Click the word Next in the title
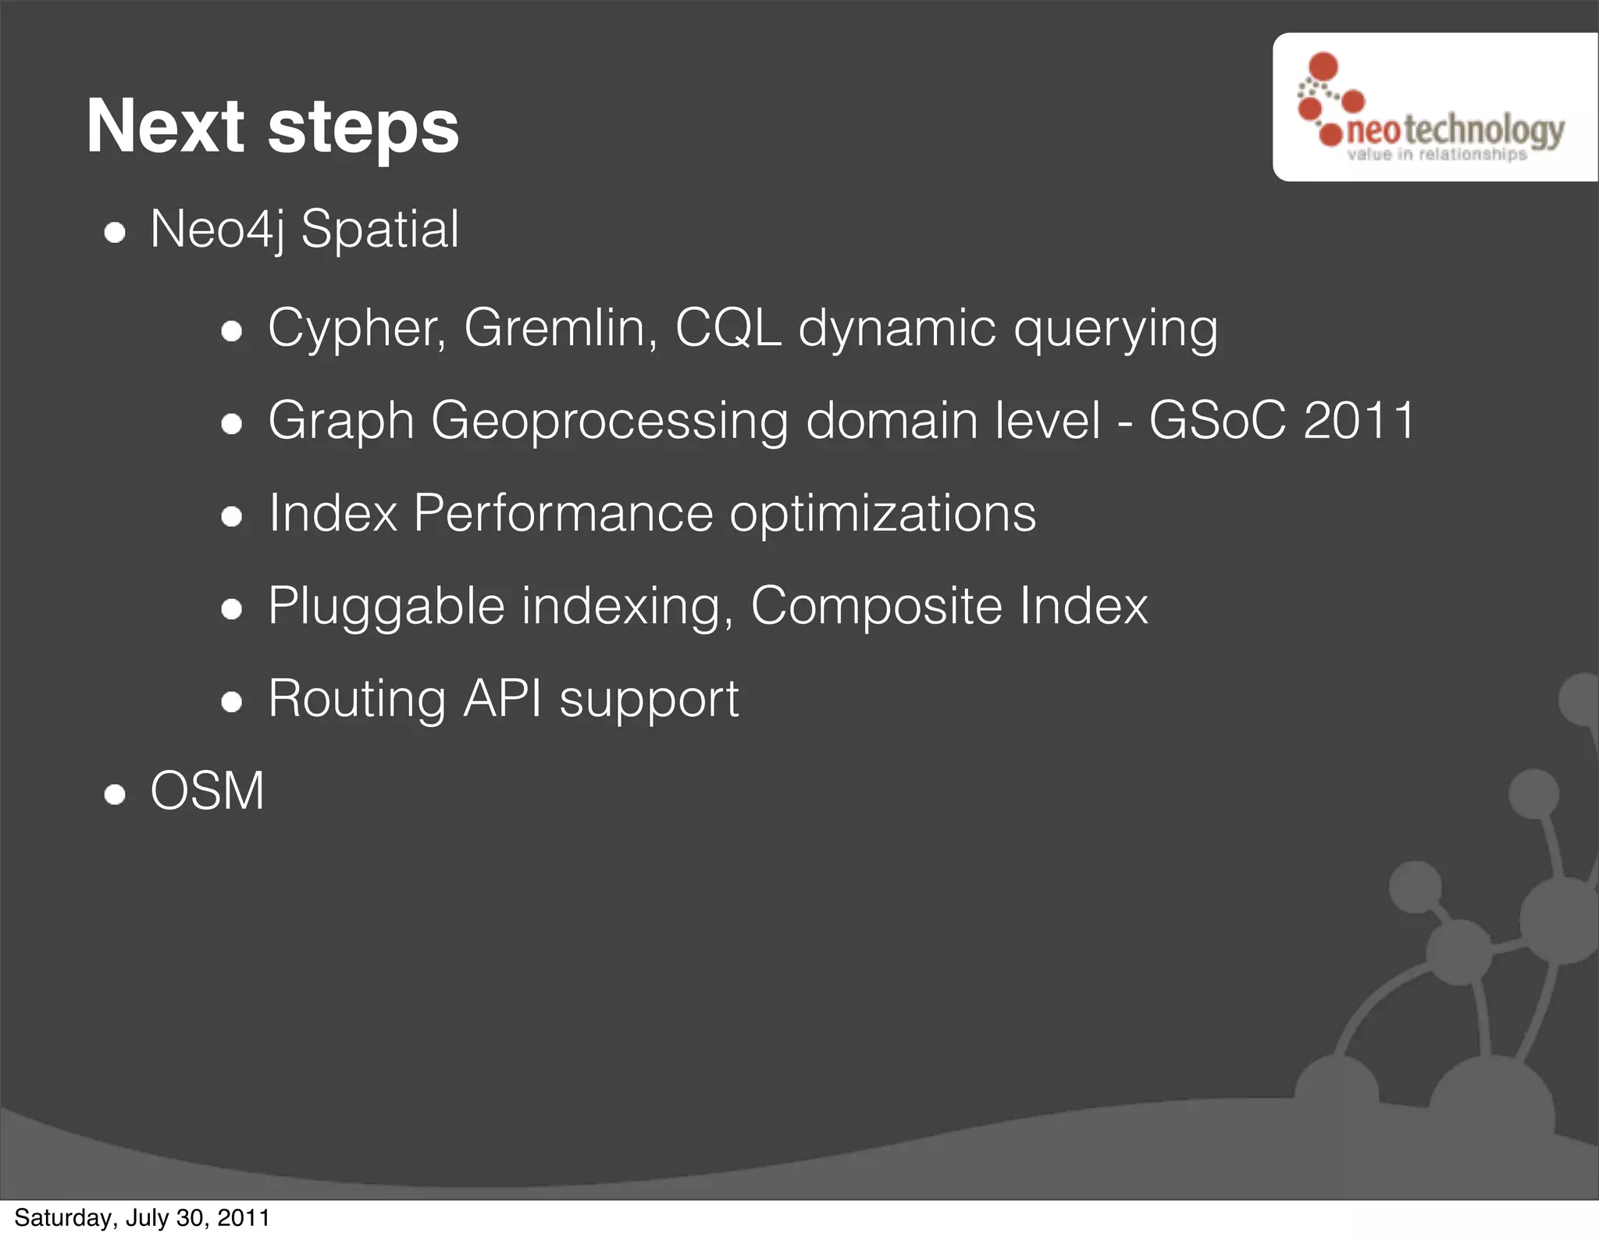(166, 126)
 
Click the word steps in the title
(363, 130)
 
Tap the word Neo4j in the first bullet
(217, 230)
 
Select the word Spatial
(380, 231)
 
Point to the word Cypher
(356, 329)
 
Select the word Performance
(563, 514)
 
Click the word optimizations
(882, 514)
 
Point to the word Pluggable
(386, 607)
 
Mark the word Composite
(876, 607)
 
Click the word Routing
(357, 699)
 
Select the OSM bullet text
(208, 791)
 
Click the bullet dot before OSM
(115, 795)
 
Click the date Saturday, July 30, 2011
(142, 1218)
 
